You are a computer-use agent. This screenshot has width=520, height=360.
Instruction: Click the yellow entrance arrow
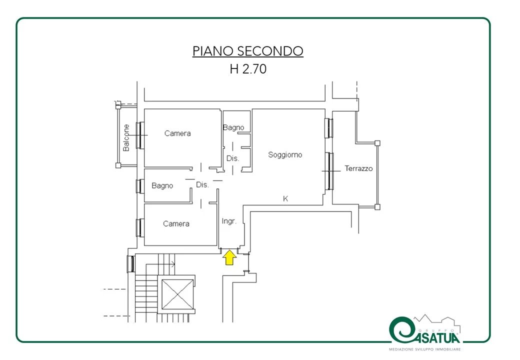tap(229, 257)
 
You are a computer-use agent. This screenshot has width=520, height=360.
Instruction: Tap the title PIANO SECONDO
tap(247, 51)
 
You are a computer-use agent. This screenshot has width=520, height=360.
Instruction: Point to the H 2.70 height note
tap(248, 69)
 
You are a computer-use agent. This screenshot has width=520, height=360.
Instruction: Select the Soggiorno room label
tap(285, 155)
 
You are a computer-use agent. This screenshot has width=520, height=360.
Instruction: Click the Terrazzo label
tap(358, 168)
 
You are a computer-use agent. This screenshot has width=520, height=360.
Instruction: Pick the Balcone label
tap(126, 137)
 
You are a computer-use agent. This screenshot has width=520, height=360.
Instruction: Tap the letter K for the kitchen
tap(285, 198)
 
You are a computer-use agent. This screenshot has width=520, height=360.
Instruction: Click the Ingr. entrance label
tap(229, 221)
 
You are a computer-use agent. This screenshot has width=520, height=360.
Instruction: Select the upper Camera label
tap(177, 133)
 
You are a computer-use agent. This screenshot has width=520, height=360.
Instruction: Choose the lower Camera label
tap(176, 224)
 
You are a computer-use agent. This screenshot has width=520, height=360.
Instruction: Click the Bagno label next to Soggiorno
tap(233, 127)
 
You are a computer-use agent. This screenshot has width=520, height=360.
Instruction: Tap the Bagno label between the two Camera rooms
tap(162, 185)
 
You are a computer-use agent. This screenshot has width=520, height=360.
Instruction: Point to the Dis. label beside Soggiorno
tap(233, 158)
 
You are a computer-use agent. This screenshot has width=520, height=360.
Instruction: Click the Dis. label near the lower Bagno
tap(202, 184)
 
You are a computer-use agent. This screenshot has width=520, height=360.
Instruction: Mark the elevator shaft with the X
tap(177, 294)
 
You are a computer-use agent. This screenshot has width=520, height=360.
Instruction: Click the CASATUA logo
tap(425, 330)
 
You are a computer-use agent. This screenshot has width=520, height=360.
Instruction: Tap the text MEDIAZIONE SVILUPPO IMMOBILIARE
tap(424, 349)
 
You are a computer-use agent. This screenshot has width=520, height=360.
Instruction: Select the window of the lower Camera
tap(139, 227)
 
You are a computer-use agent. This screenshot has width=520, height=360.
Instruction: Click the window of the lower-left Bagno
tap(139, 186)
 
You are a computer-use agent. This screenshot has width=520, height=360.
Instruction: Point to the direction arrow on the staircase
tap(160, 264)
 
